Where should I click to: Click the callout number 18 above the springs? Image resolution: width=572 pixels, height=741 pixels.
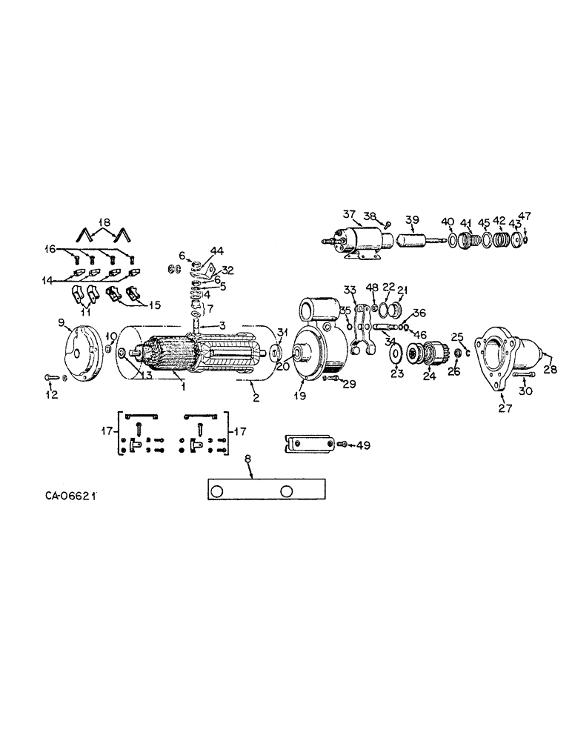104,222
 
